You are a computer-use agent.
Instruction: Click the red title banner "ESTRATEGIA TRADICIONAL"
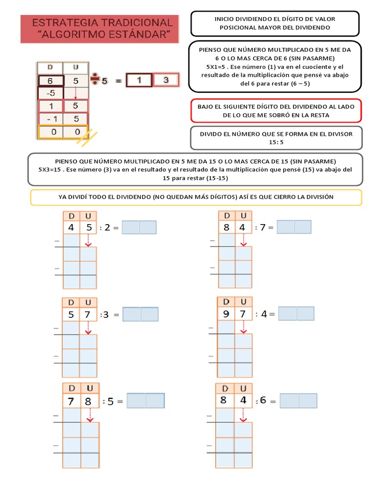[100, 28]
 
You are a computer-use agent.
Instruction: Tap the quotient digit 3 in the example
[166, 80]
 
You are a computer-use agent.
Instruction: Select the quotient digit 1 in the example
[139, 80]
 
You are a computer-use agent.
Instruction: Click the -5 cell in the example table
[50, 93]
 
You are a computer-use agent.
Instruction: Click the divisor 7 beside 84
[263, 227]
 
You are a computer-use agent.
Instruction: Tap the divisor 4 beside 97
[264, 314]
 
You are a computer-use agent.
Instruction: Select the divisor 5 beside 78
[110, 401]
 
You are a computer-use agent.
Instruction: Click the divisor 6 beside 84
[263, 400]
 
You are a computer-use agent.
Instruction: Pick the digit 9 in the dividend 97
[226, 314]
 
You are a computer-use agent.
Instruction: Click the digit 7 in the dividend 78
[71, 401]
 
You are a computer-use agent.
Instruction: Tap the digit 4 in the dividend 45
[71, 228]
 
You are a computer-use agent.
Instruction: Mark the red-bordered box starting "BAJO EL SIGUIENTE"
[276, 111]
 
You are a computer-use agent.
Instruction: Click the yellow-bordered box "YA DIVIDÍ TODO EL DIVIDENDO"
[196, 197]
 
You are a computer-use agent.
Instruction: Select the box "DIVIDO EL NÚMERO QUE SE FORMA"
[276, 138]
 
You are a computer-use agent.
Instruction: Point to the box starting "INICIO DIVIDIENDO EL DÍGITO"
[275, 23]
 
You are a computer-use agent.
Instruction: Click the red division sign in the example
[95, 80]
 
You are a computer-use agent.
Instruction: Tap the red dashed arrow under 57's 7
[88, 328]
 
